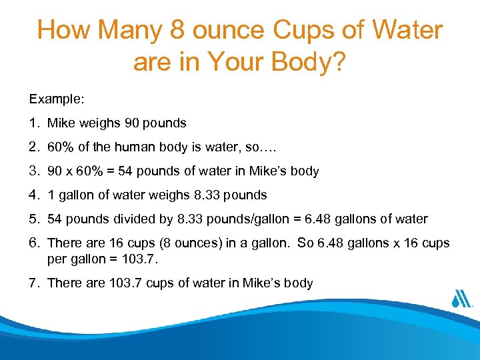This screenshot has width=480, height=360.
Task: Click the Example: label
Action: [57, 99]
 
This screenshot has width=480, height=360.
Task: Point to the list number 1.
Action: [33, 123]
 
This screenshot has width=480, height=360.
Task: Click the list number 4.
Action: [33, 195]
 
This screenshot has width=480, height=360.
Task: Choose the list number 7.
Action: [33, 283]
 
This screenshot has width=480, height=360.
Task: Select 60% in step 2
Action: [61, 147]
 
